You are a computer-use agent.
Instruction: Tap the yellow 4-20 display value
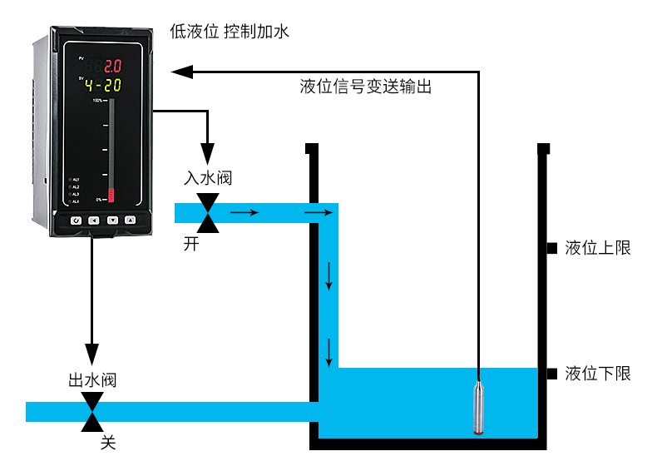(103, 84)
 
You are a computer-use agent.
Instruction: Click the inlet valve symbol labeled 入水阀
(207, 213)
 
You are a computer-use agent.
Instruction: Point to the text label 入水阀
(207, 179)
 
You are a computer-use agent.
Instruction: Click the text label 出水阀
(91, 381)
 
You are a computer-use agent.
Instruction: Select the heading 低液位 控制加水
(228, 32)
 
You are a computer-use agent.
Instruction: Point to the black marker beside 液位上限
(551, 248)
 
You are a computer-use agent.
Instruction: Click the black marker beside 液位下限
(551, 374)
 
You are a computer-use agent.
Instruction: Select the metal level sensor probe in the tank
(480, 405)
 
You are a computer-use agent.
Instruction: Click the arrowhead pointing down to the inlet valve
(207, 156)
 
